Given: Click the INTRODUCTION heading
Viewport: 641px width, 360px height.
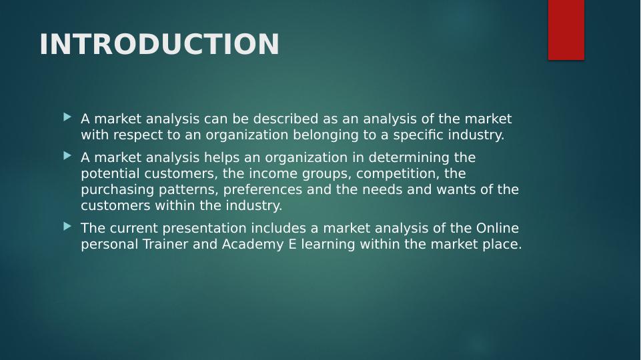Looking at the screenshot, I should (159, 45).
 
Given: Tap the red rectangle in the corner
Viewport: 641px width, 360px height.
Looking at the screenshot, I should (566, 29).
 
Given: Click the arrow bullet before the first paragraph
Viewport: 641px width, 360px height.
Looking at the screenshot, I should (67, 117).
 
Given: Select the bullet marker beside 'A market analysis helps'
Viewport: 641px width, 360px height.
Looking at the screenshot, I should (67, 156).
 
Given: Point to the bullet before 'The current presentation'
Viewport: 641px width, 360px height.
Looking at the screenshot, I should (67, 227).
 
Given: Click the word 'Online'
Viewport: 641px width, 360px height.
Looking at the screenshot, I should (497, 228).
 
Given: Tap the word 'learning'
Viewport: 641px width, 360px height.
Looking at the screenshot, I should (328, 244).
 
